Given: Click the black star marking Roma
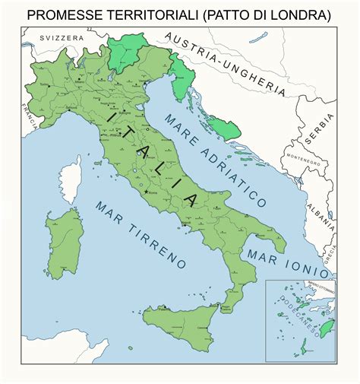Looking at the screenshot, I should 146,190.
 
